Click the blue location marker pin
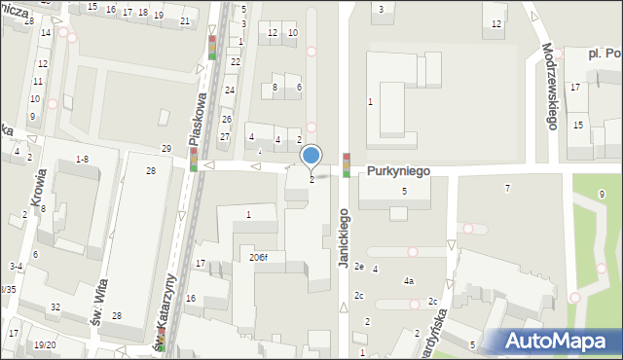pos(311,156)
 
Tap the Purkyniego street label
pos(399,170)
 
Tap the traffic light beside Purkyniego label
pos(346,164)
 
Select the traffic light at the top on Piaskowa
pos(212,48)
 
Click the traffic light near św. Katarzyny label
pos(162,340)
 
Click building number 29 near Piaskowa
pos(166,148)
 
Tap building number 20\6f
pos(258,257)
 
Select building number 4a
pos(409,281)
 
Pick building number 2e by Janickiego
pos(358,266)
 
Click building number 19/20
pos(44,344)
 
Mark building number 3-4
pos(17,266)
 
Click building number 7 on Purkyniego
pos(506,188)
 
